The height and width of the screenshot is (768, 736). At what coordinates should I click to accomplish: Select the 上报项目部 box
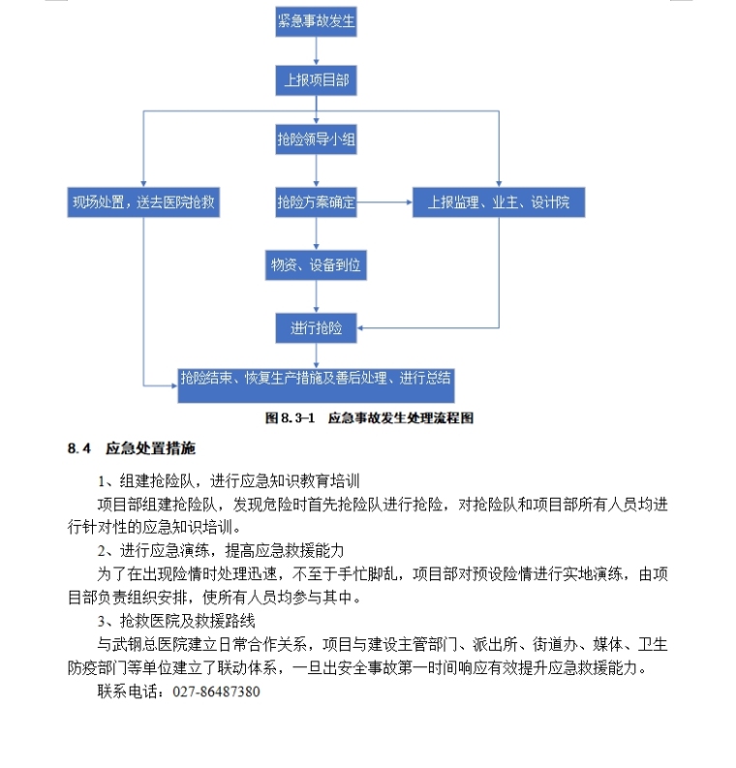pyautogui.click(x=317, y=80)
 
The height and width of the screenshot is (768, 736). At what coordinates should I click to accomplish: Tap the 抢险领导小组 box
pyautogui.click(x=317, y=140)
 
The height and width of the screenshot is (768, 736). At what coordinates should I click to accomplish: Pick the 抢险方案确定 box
pyautogui.click(x=317, y=202)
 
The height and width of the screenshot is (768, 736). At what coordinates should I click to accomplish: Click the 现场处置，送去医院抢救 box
pyautogui.click(x=143, y=202)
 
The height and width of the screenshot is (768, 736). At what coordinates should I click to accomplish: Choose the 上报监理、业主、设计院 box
pyautogui.click(x=499, y=202)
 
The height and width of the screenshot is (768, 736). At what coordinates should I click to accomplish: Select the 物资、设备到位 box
pyautogui.click(x=317, y=264)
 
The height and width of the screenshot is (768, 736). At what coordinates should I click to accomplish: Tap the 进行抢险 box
pyautogui.click(x=317, y=328)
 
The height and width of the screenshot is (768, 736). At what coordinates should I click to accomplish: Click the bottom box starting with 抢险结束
pyautogui.click(x=317, y=379)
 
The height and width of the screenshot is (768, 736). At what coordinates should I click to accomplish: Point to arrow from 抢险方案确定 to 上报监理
pyautogui.click(x=384, y=202)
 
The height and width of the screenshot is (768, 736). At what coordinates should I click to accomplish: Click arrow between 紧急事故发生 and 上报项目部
pyautogui.click(x=317, y=51)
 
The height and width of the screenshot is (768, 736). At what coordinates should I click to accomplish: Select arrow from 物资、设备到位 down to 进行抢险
pyautogui.click(x=317, y=296)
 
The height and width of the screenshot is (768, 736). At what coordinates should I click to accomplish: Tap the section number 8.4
pyautogui.click(x=79, y=448)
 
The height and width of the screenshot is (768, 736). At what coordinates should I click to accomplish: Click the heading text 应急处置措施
pyautogui.click(x=150, y=448)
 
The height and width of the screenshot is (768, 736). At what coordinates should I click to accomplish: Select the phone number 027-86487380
pyautogui.click(x=216, y=691)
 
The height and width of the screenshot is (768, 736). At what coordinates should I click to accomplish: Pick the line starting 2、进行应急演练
pyautogui.click(x=220, y=550)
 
